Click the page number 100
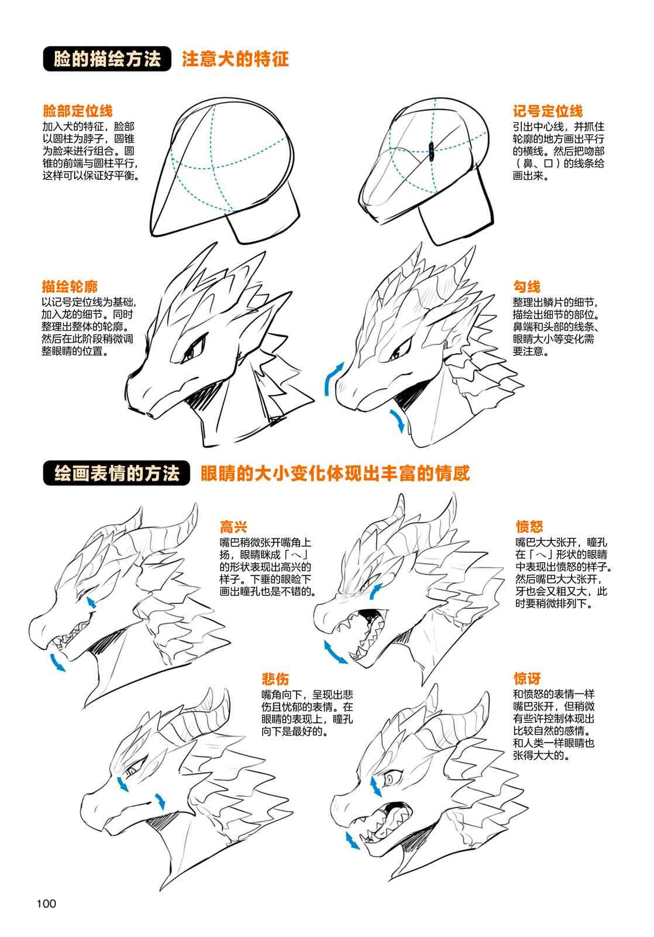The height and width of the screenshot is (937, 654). pos(46,904)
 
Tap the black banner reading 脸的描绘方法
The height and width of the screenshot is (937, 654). pos(107,59)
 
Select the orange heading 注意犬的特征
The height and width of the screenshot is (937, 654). pos(235,59)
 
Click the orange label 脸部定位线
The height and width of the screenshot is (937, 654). pos(78,111)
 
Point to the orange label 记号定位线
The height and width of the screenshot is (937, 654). pos(548,111)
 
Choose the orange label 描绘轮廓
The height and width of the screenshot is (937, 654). pos(70,286)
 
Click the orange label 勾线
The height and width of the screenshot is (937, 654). pos(527,286)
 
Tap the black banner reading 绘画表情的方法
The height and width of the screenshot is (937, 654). pos(116,474)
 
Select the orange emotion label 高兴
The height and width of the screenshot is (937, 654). pos(233,526)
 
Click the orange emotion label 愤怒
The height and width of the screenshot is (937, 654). pos(529,526)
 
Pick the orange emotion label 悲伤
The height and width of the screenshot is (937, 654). pos(276,679)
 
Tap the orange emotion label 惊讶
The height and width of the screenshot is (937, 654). pos(527,678)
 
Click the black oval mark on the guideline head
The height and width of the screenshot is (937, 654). pos(431,151)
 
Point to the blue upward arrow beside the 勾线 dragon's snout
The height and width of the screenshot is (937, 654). pos(333,378)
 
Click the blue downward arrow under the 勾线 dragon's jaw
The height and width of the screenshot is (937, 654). pos(397,420)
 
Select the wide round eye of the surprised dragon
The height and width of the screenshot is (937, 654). pos(390,779)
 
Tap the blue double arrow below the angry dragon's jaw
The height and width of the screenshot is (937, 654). pos(336,652)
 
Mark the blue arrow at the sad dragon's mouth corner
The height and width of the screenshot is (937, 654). pos(160,800)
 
